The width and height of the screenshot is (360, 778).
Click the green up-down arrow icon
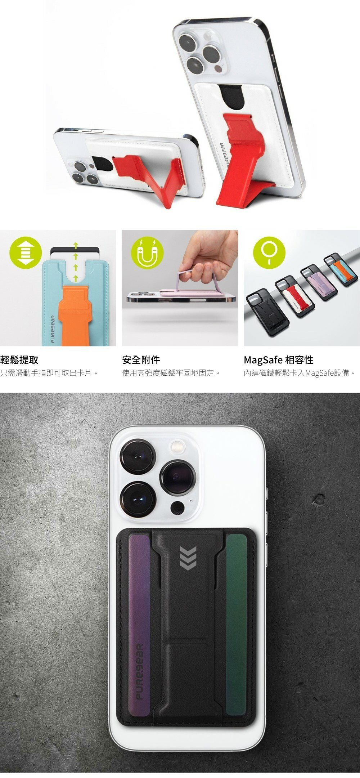[x=26, y=252]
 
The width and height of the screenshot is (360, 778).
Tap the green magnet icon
[x=147, y=252]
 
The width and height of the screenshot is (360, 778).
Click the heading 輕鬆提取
[x=19, y=360]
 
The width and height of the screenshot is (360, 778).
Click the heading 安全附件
[x=141, y=360]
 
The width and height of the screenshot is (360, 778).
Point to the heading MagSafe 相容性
[x=279, y=360]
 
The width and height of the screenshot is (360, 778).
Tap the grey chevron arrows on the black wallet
[x=188, y=558]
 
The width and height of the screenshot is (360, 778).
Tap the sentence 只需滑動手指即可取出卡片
[x=49, y=373]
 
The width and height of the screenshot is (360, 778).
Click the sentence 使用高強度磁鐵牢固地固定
[x=171, y=373]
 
